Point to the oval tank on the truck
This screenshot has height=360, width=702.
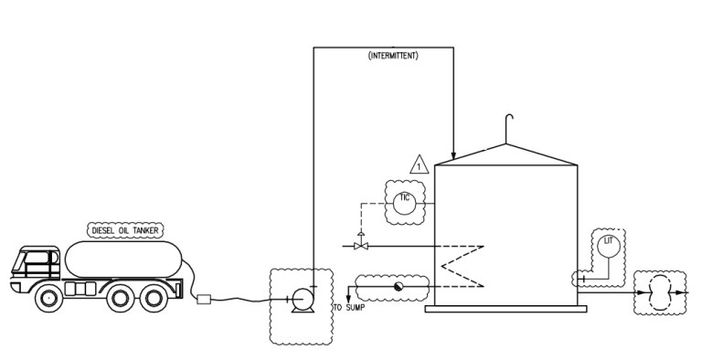click(x=122, y=259)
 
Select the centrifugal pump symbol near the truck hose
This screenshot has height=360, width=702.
click(x=300, y=299)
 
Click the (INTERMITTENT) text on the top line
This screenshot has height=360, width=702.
click(x=393, y=56)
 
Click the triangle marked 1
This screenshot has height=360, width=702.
click(x=419, y=166)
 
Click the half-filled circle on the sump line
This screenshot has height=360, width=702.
click(x=398, y=287)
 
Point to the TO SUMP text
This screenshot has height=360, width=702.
click(x=349, y=309)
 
